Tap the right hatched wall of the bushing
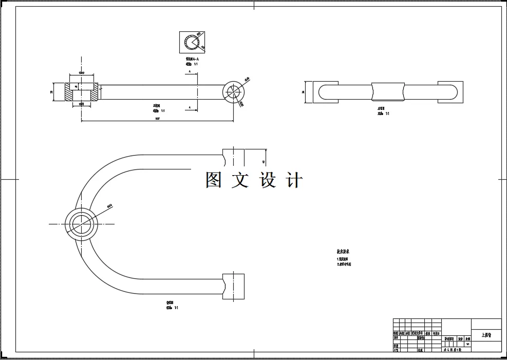pyautogui.click(x=94, y=92)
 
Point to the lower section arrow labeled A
pyautogui.click(x=190, y=107)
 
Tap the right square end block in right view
pyautogui.click(x=450, y=92)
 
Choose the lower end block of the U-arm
pyautogui.click(x=233, y=287)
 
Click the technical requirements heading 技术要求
pyautogui.click(x=343, y=252)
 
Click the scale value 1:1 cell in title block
pyautogui.click(x=467, y=344)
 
